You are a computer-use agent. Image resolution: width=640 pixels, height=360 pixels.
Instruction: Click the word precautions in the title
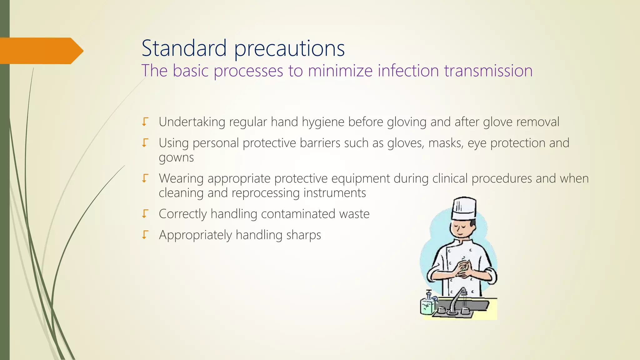point(289,49)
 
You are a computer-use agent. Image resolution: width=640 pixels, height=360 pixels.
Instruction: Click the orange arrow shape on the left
point(41,51)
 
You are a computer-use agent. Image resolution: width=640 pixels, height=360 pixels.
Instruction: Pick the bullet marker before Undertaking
point(145,122)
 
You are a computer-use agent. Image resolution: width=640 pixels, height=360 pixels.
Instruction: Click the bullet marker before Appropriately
point(145,235)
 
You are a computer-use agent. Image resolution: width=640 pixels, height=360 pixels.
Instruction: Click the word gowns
point(176,157)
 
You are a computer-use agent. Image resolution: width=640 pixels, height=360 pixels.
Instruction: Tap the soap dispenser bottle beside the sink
point(427,304)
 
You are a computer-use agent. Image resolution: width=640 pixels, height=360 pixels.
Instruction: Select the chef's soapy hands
point(463,268)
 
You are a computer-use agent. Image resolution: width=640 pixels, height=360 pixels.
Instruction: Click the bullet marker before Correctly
point(145,214)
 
